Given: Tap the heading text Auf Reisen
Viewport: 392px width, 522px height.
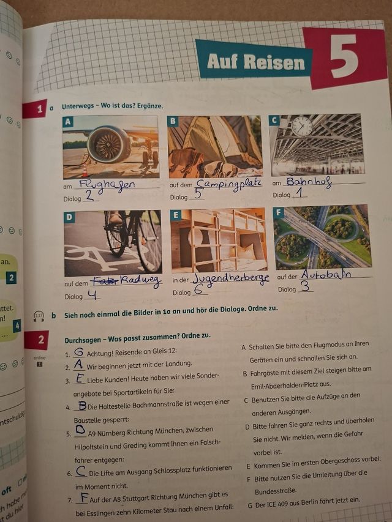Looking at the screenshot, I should (x=255, y=62).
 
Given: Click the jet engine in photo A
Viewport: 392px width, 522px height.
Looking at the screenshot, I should (x=108, y=144).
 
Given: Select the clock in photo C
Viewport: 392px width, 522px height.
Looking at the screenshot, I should (x=301, y=127).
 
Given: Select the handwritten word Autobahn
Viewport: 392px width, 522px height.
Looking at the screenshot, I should (x=326, y=275).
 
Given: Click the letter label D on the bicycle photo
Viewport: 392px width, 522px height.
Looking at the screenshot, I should (x=70, y=217).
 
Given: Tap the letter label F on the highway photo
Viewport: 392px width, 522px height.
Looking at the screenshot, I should (x=279, y=212).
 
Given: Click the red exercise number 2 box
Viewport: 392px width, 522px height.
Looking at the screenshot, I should (x=38, y=340).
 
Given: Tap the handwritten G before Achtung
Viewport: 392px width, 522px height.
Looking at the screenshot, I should (x=78, y=352).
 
